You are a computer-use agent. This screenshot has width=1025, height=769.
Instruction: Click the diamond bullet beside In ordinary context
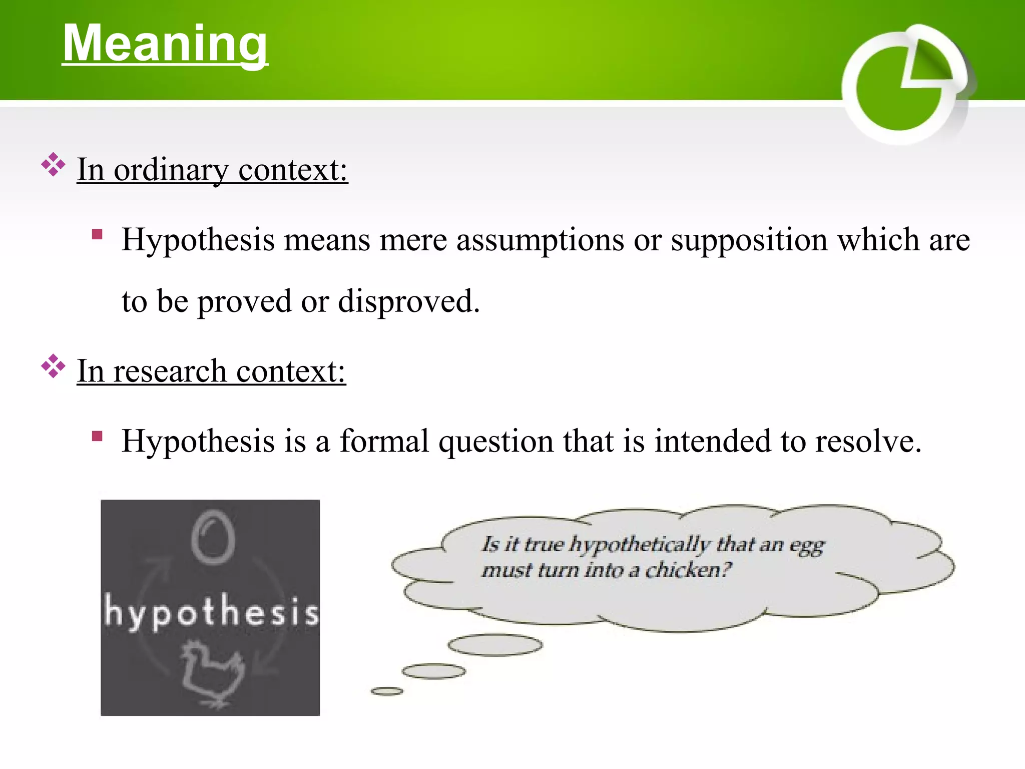(53, 165)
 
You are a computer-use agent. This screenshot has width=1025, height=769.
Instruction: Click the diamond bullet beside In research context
(53, 366)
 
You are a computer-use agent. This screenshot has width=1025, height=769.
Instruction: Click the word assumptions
(540, 240)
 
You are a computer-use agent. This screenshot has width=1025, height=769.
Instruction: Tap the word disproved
(408, 301)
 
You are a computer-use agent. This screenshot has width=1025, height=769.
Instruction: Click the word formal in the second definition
(384, 442)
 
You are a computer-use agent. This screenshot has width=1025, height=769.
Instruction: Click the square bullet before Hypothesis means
(97, 234)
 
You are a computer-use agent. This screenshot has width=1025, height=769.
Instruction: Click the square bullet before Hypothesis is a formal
(97, 436)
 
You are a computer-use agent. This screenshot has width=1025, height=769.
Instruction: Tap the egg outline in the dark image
(213, 537)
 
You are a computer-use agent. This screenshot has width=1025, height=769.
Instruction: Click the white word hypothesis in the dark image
(211, 612)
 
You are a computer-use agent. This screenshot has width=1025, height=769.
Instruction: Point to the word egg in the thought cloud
(806, 546)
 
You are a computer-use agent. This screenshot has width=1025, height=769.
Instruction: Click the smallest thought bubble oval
(386, 691)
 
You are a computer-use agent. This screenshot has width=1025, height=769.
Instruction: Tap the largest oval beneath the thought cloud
(494, 645)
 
